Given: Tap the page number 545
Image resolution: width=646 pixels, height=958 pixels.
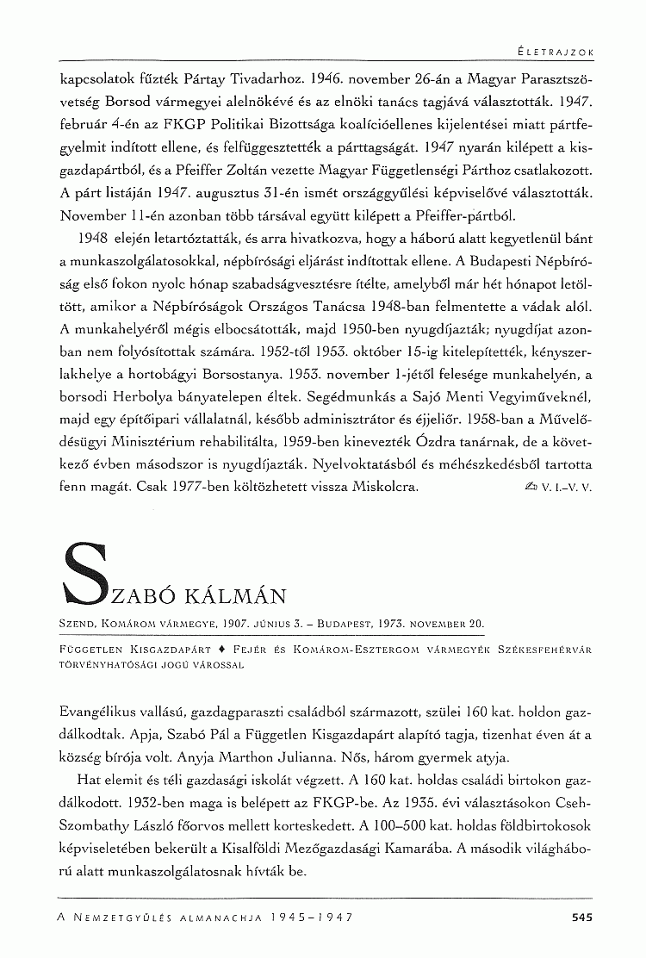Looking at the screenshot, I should (x=583, y=918).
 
